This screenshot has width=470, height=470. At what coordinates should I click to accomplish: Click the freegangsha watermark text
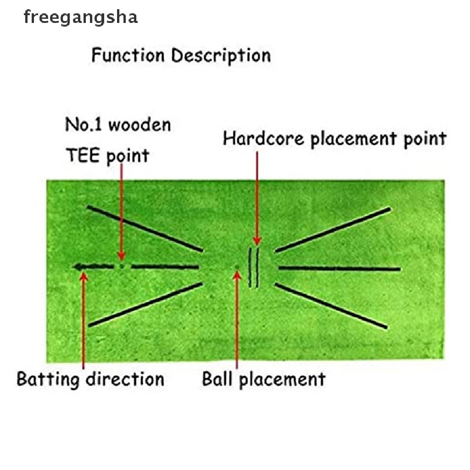(81, 17)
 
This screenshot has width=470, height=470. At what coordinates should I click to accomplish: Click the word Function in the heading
(128, 55)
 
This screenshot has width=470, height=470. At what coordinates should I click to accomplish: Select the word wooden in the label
(140, 124)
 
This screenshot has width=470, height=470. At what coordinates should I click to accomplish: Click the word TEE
(83, 155)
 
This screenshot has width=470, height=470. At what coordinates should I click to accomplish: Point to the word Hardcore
(263, 139)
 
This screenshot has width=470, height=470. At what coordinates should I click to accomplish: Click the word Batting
(48, 380)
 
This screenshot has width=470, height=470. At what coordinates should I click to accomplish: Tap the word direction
(125, 379)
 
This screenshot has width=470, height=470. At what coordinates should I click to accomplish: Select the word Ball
(217, 379)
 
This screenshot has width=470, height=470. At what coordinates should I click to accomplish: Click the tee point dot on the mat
(121, 266)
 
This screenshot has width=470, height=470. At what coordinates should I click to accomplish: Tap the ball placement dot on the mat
(237, 267)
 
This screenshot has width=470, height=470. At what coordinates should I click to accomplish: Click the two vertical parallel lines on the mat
(253, 267)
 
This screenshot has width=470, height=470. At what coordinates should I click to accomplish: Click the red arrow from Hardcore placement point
(257, 198)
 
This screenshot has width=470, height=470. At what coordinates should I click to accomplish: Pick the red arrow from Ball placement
(237, 320)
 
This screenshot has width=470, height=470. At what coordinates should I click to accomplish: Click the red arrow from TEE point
(121, 212)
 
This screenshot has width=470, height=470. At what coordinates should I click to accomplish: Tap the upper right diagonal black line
(333, 230)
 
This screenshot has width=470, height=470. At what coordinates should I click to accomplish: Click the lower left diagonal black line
(145, 305)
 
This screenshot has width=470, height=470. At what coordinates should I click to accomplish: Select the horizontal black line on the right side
(339, 269)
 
